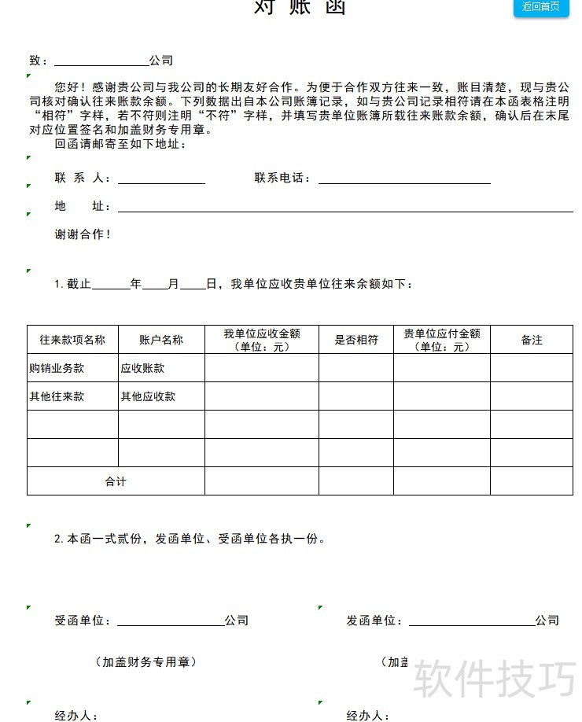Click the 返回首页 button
click(x=540, y=7)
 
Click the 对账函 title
click(x=299, y=7)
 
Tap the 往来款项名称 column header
click(x=72, y=340)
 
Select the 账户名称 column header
click(x=161, y=340)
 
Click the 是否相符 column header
click(x=356, y=340)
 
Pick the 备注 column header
click(x=532, y=340)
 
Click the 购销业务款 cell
click(x=57, y=368)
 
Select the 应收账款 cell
click(x=142, y=368)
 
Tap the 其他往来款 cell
click(x=57, y=396)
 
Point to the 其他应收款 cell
click(x=148, y=396)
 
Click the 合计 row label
click(x=116, y=481)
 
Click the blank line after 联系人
click(x=161, y=180)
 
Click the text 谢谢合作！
click(x=83, y=234)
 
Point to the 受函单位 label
click(x=83, y=621)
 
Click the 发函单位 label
click(x=374, y=621)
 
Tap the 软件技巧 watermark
click(x=495, y=678)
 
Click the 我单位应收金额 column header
click(x=262, y=340)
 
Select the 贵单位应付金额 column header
click(x=442, y=340)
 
